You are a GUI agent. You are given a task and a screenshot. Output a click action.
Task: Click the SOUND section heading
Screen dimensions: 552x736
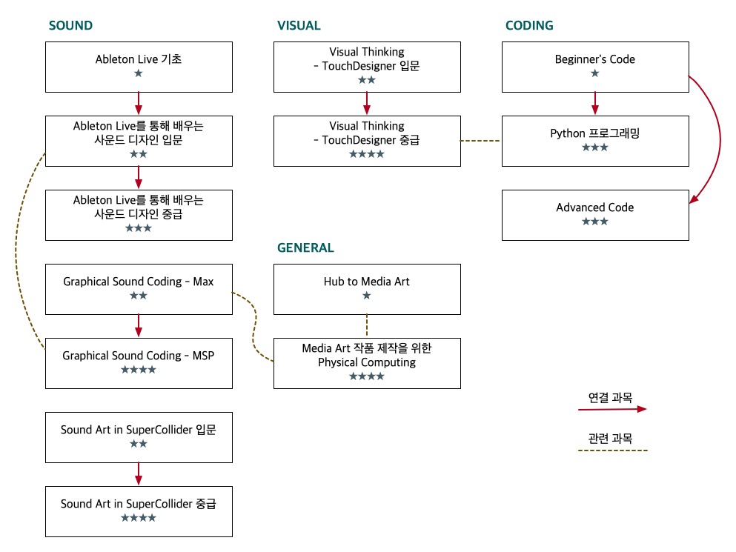[x=70, y=26]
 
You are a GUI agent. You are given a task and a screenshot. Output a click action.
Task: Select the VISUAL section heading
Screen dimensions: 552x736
[x=299, y=26]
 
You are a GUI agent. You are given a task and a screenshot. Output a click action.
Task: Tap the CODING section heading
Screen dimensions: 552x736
[x=529, y=26]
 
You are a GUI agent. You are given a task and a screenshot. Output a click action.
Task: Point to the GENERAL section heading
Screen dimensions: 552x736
[x=305, y=248]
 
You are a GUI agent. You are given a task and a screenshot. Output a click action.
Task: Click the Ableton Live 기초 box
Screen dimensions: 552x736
[x=139, y=67]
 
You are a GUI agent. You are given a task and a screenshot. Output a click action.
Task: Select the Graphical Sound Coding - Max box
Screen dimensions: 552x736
[x=139, y=289]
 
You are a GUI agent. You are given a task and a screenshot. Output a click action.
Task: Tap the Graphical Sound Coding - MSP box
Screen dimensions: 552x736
[x=139, y=363]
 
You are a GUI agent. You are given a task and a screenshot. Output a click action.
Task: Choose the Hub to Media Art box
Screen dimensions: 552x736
[x=367, y=289]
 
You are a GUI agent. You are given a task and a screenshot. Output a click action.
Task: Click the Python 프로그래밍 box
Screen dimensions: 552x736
[x=595, y=141]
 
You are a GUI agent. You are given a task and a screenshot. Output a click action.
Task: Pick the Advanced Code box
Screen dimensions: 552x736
[x=595, y=215]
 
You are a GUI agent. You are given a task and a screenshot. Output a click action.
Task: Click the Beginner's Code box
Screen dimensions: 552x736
[x=595, y=67]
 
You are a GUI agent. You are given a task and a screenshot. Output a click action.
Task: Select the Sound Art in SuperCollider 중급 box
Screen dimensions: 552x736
[x=139, y=511]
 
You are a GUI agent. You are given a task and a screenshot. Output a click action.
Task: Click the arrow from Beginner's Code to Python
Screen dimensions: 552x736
[x=595, y=104]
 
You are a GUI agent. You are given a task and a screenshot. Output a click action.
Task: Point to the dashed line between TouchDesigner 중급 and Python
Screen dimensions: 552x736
[x=481, y=141]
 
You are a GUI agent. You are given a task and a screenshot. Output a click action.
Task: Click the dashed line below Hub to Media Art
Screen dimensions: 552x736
[x=367, y=326]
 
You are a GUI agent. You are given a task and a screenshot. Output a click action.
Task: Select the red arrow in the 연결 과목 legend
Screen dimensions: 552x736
[x=611, y=408]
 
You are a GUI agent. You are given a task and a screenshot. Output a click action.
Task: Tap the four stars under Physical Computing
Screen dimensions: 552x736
[x=367, y=376]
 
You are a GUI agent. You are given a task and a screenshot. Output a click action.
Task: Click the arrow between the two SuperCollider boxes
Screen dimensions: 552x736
[x=139, y=474]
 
